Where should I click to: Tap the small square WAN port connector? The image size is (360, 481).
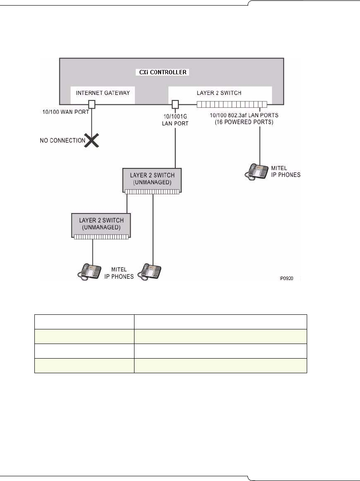(x=92, y=104)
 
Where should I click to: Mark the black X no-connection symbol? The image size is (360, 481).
(x=92, y=140)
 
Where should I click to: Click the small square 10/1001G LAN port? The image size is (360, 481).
(x=175, y=104)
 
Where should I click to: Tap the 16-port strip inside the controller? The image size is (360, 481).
(x=232, y=104)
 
